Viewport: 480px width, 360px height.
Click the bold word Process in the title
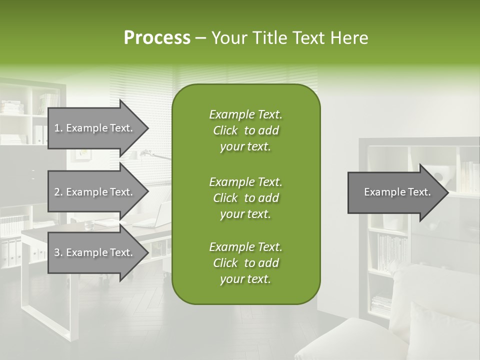(157, 38)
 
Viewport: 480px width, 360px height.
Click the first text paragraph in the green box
(245, 130)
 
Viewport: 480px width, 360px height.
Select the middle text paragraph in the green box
(245, 197)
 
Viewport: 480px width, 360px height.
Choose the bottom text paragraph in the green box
(245, 263)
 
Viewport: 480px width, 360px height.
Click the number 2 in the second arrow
(57, 192)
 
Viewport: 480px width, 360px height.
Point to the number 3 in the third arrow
(57, 252)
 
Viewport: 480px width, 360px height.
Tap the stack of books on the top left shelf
(11, 107)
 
